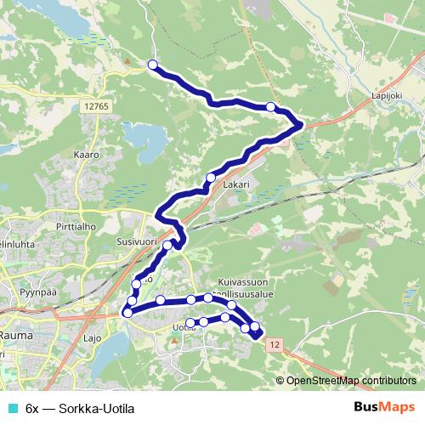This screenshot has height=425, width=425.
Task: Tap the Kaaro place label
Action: (88, 156)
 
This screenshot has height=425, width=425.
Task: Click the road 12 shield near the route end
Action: (272, 344)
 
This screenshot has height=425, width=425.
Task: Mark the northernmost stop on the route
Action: (153, 65)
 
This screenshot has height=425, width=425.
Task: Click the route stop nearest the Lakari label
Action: (209, 178)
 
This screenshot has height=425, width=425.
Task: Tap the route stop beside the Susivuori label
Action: (167, 246)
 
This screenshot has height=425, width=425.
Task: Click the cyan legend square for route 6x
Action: (11, 408)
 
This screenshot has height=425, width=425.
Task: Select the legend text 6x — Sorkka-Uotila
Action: (81, 408)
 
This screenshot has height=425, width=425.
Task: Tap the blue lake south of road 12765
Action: (145, 138)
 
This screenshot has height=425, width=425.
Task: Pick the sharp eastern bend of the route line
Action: (301, 125)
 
